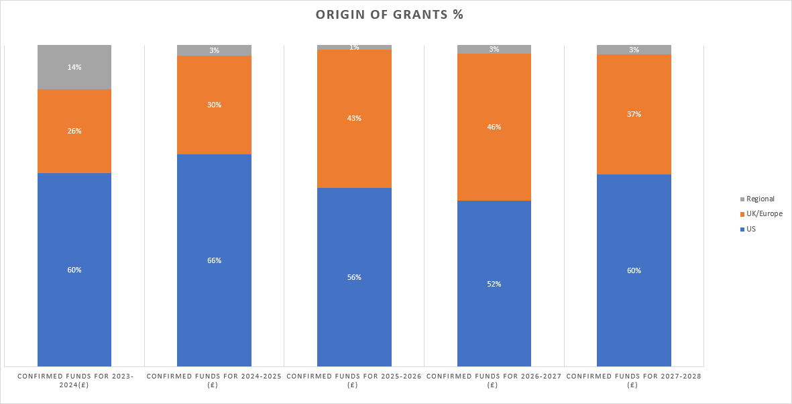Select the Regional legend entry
(x=760, y=199)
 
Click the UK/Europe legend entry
(x=764, y=214)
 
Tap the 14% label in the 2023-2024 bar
(x=74, y=67)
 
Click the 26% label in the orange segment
(x=74, y=131)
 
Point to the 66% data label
(x=214, y=260)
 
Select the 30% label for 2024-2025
(x=214, y=105)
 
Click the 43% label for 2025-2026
(x=354, y=118)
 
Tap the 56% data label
(x=354, y=277)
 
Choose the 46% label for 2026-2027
(x=494, y=127)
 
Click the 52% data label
(x=494, y=284)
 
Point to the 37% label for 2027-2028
(x=634, y=114)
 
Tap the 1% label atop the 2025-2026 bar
(x=354, y=47)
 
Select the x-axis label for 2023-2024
(x=74, y=381)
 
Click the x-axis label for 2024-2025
(x=214, y=381)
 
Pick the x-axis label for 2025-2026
(x=354, y=381)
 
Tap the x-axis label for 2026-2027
(x=494, y=381)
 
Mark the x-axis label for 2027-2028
(x=634, y=381)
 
